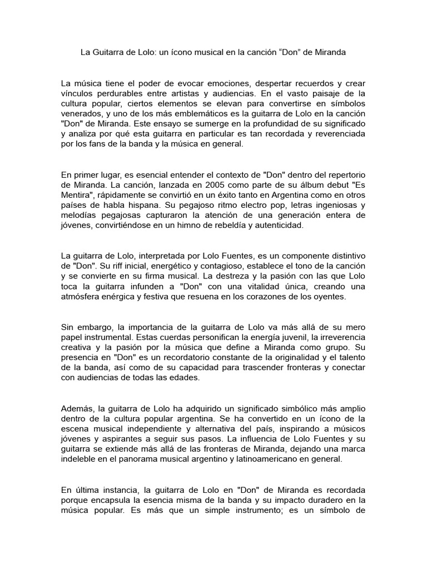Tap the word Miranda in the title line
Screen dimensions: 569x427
coord(329,53)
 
